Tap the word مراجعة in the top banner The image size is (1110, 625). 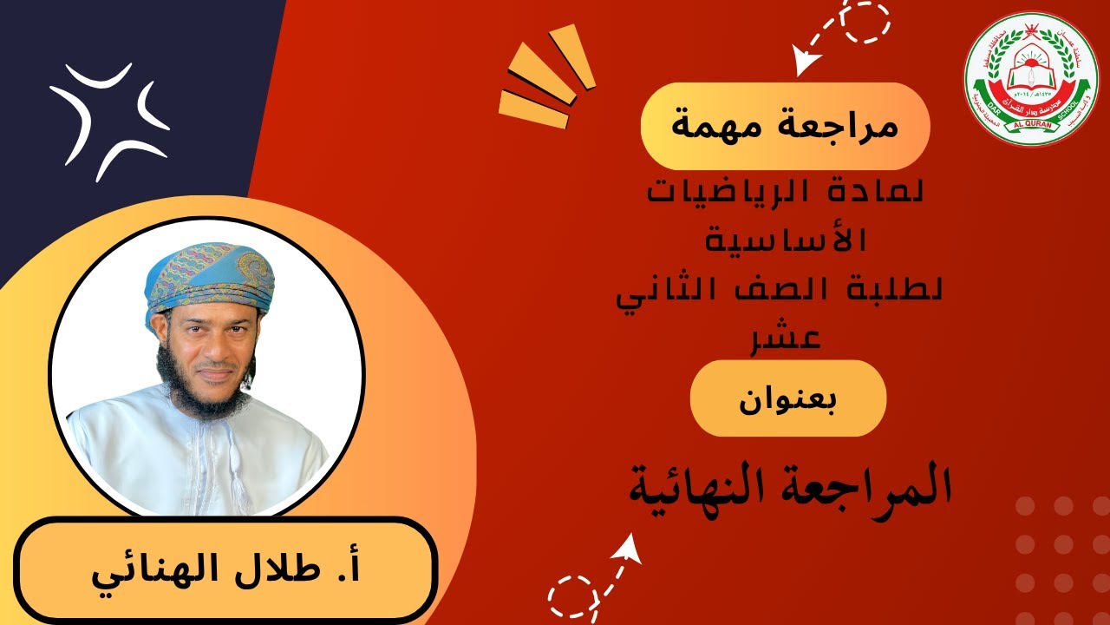[x=833, y=128]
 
